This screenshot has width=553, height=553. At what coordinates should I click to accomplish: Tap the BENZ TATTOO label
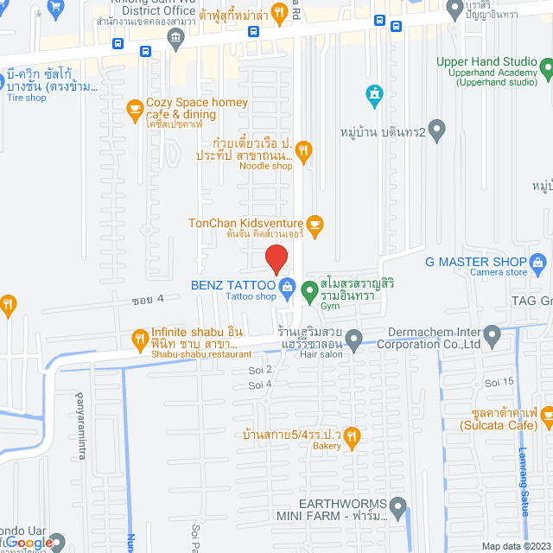point(232,285)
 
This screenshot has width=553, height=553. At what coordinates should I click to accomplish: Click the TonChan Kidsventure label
point(246,223)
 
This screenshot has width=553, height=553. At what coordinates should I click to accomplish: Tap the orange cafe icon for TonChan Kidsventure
point(315,224)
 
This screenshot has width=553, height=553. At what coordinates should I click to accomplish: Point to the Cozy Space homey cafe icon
point(134,108)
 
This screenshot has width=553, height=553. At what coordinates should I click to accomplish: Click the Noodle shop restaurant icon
point(302,150)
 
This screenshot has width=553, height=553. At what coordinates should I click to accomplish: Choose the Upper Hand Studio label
point(486,62)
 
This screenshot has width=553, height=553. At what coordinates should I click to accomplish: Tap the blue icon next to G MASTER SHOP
point(539,262)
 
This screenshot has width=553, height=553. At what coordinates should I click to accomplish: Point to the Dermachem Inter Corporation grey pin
point(493,334)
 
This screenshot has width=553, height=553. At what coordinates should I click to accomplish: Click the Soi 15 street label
point(500,382)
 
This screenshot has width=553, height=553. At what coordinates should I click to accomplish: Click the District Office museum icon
point(176,36)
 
